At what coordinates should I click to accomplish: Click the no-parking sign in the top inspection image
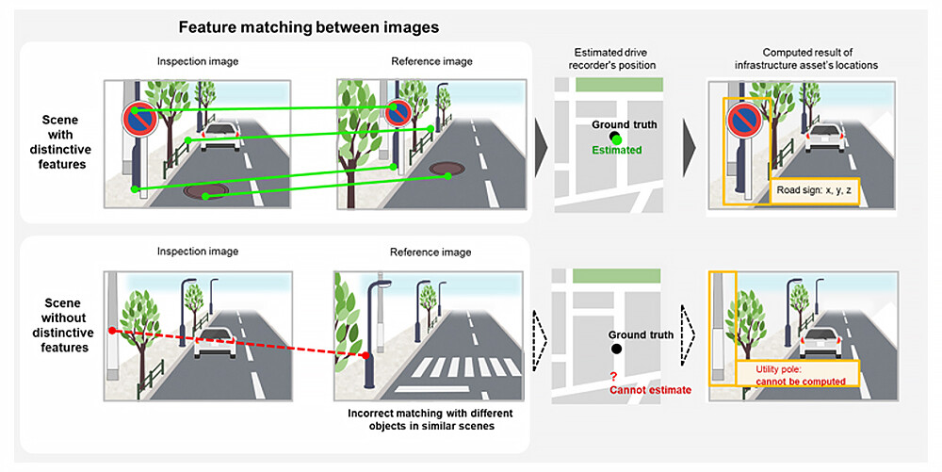click(138, 119)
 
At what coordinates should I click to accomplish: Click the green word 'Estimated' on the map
click(617, 150)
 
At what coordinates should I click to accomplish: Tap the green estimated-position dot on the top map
click(616, 138)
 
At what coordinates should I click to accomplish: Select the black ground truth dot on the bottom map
click(616, 349)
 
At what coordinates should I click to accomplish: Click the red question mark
click(613, 376)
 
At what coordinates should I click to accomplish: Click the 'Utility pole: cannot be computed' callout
click(798, 375)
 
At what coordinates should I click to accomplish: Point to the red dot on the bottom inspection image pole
click(112, 331)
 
